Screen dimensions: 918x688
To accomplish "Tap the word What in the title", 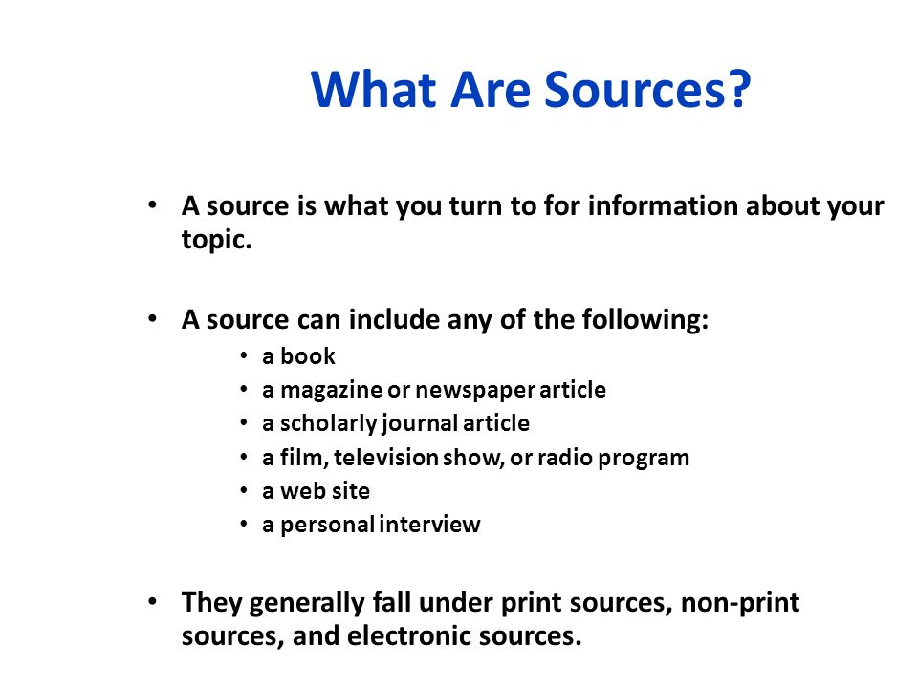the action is (x=374, y=89).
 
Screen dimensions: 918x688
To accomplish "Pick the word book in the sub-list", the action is (x=308, y=356).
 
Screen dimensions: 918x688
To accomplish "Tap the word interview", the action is (x=429, y=525).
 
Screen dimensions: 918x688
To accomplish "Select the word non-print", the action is (x=740, y=603).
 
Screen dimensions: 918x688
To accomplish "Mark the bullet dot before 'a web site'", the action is (x=244, y=491).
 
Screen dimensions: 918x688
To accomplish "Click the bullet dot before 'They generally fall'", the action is (x=153, y=601).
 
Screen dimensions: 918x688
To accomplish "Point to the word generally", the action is (x=307, y=603).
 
